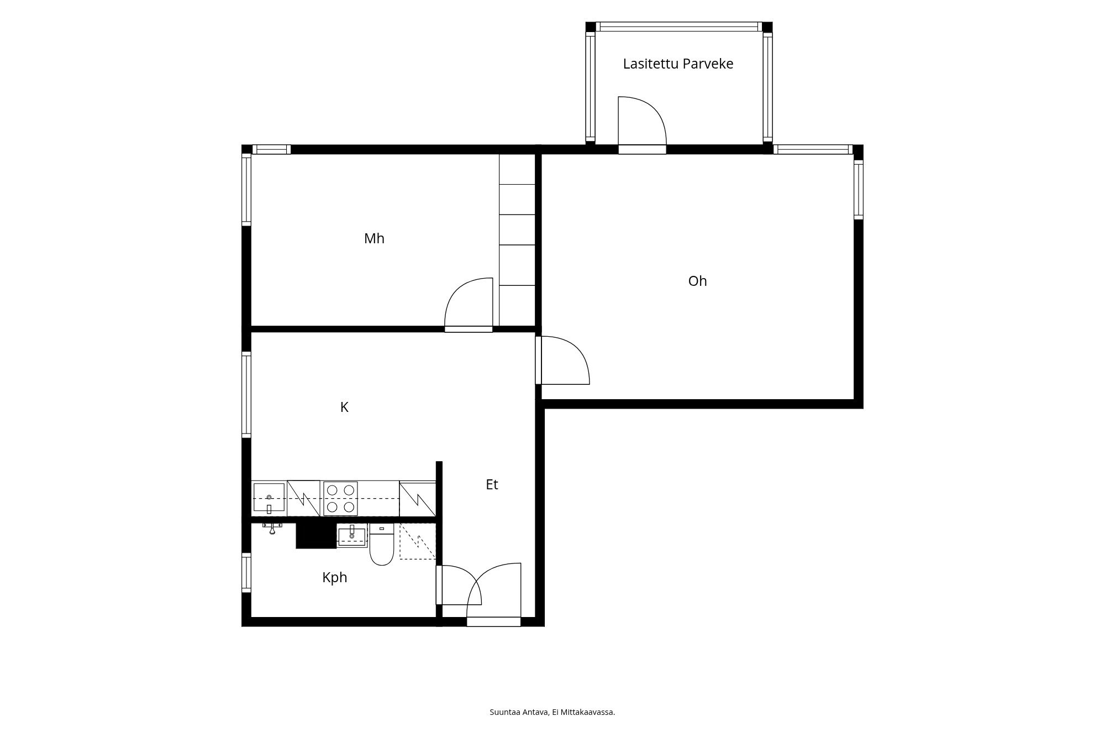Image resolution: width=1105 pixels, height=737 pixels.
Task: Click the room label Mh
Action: [374, 238]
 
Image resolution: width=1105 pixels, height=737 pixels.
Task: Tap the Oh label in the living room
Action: [697, 281]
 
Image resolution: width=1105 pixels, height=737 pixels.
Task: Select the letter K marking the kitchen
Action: [344, 407]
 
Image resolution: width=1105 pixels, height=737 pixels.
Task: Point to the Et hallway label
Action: [492, 484]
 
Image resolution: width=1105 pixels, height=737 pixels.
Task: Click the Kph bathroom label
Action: [334, 578]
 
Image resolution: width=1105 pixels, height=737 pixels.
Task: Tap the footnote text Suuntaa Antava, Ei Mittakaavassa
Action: [552, 712]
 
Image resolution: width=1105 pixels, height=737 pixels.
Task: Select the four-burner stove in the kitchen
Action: [340, 498]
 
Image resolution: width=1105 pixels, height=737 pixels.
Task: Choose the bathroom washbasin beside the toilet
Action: [352, 536]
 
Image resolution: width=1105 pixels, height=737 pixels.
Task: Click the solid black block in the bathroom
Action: [316, 535]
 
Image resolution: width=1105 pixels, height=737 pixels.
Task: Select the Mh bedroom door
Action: [469, 304]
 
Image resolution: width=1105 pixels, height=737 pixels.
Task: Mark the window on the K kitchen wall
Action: [246, 394]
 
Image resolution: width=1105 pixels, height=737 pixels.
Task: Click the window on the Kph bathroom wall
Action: [246, 573]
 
